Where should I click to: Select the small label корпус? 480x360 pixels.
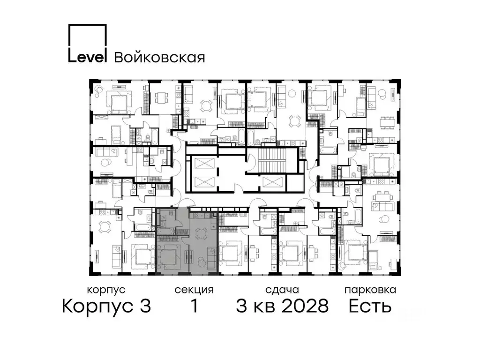point(106,290)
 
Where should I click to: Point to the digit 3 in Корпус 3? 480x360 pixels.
point(145,307)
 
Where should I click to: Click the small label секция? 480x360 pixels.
point(194,290)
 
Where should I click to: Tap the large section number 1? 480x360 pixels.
point(194,307)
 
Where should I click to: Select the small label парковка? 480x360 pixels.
point(370,290)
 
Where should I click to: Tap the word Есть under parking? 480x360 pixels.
point(370,307)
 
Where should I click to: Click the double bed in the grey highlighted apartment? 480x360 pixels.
point(169,257)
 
